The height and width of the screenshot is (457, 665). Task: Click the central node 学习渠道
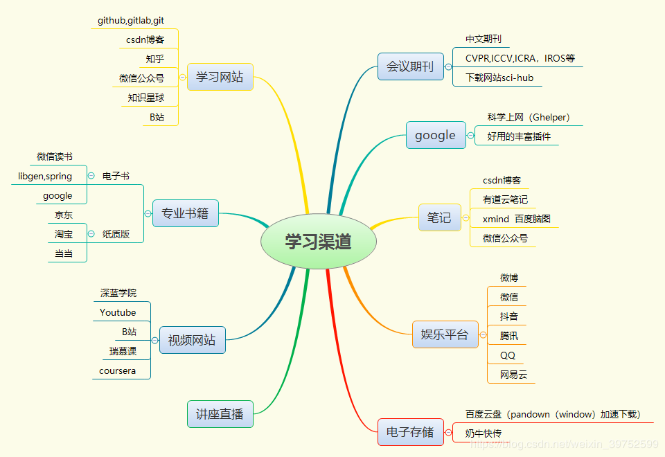[x=318, y=241]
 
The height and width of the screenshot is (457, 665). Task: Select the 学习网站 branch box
[x=220, y=77]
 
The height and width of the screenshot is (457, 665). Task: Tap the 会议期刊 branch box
[x=410, y=66]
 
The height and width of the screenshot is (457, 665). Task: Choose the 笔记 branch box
[x=439, y=217]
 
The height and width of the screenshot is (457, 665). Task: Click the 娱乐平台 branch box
[x=445, y=334]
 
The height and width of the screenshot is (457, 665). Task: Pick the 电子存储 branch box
[x=410, y=432]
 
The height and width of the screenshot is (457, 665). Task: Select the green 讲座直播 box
[x=220, y=414]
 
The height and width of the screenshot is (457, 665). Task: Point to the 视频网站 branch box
[x=192, y=340]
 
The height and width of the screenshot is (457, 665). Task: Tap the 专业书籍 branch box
[x=185, y=213]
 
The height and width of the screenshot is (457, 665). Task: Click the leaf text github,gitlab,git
[x=131, y=21]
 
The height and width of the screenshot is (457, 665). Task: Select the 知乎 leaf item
[x=155, y=59]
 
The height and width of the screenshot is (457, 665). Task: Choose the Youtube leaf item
[x=118, y=312]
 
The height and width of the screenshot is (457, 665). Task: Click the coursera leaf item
[x=118, y=370]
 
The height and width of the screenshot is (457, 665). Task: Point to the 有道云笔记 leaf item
[x=505, y=199]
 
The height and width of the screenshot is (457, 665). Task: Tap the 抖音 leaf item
[x=508, y=316]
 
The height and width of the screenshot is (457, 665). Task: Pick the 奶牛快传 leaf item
[x=484, y=433]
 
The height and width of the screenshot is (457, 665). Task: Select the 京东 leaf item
[x=64, y=215]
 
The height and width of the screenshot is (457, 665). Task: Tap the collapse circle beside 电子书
[x=91, y=176]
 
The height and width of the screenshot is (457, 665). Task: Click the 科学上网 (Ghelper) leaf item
[x=529, y=117]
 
